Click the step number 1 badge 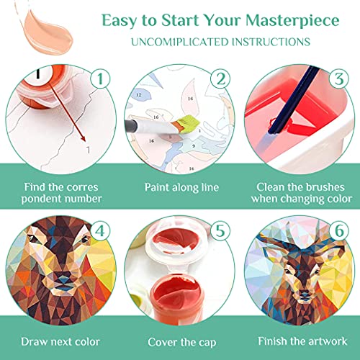pyautogui.click(x=101, y=78)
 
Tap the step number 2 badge pyautogui.click(x=220, y=78)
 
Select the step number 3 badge pyautogui.click(x=339, y=78)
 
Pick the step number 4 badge pyautogui.click(x=100, y=231)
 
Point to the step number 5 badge pyautogui.click(x=220, y=231)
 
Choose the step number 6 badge pyautogui.click(x=339, y=231)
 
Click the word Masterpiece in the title pyautogui.click(x=292, y=21)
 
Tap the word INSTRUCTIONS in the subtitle pyautogui.click(x=271, y=42)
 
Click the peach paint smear pyautogui.click(x=45, y=30)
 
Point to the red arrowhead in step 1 pyautogui.click(x=83, y=139)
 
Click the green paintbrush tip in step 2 pyautogui.click(x=189, y=124)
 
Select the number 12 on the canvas pyautogui.click(x=139, y=95)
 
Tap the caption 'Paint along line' pyautogui.click(x=181, y=187)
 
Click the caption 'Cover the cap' pyautogui.click(x=182, y=342)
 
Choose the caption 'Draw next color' pyautogui.click(x=60, y=342)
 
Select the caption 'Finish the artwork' pyautogui.click(x=302, y=341)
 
